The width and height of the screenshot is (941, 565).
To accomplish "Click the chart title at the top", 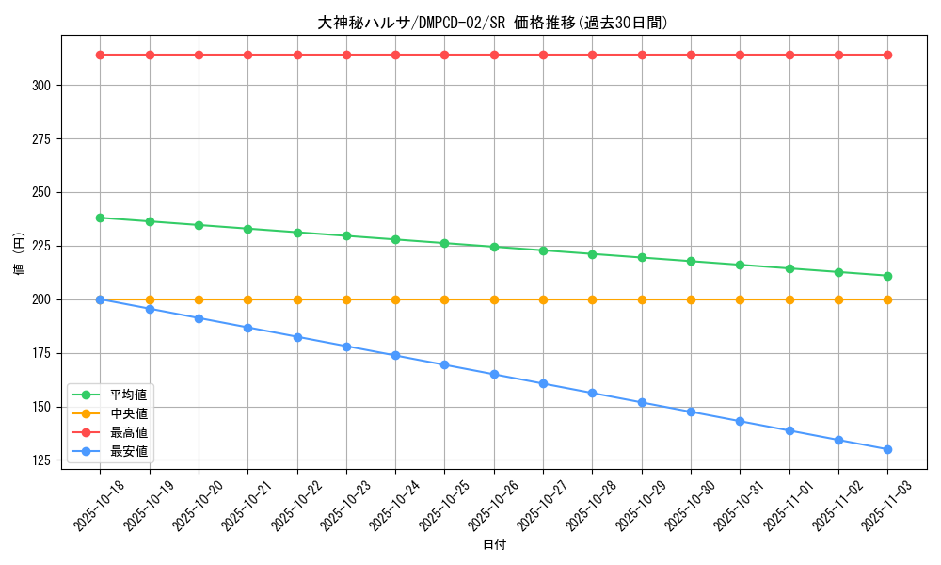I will pyautogui.click(x=493, y=23).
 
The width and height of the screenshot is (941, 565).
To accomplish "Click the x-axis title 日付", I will pyautogui.click(x=493, y=545).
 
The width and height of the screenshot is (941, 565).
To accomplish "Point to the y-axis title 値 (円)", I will pyautogui.click(x=19, y=254).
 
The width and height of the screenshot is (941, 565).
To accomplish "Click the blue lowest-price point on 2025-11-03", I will pyautogui.click(x=887, y=449).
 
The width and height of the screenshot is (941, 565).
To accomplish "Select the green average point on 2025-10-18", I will pyautogui.click(x=101, y=218).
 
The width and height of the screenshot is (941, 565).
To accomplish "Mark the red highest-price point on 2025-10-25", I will pyautogui.click(x=445, y=55).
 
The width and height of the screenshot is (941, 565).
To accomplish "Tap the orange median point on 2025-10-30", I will pyautogui.click(x=691, y=299).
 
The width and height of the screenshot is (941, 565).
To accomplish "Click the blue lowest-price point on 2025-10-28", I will pyautogui.click(x=592, y=393).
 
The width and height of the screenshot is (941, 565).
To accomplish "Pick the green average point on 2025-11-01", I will pyautogui.click(x=789, y=268).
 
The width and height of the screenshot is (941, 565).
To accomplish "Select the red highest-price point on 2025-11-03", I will pyautogui.click(x=887, y=55).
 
